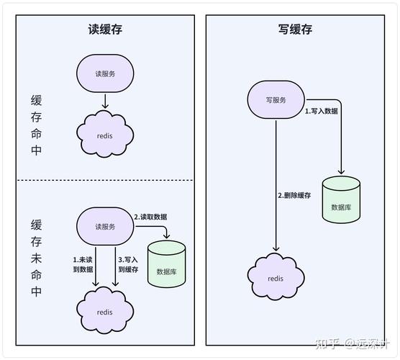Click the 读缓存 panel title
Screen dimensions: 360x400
[x=105, y=30]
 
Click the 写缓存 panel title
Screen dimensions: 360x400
[x=296, y=30]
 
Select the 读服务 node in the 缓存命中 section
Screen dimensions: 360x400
[x=105, y=73]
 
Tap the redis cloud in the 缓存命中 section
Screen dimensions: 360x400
[x=105, y=135]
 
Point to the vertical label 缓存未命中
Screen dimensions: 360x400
[x=37, y=257]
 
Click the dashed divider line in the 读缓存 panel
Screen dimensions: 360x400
[x=105, y=180]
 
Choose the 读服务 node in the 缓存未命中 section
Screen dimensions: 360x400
[x=105, y=226]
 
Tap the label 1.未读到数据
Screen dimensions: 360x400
[x=83, y=264]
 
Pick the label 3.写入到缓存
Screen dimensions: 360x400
[x=128, y=264]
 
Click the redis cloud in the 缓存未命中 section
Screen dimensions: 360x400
[x=105, y=310]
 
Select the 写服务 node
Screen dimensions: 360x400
[x=276, y=100]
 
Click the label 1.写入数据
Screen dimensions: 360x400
[x=322, y=112]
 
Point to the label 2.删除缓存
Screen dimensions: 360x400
[x=294, y=196]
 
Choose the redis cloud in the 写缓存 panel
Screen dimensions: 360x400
[x=276, y=276]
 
